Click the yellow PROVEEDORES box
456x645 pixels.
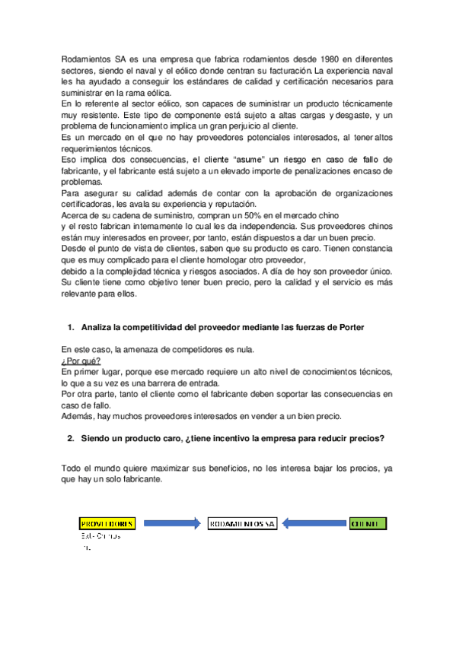pyautogui.click(x=107, y=523)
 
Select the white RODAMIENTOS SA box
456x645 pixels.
pyautogui.click(x=241, y=523)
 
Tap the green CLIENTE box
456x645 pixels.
pyautogui.click(x=368, y=523)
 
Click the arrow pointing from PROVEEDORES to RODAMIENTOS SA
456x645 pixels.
pyautogui.click(x=171, y=523)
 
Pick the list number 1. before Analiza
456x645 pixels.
pyautogui.click(x=71, y=328)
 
